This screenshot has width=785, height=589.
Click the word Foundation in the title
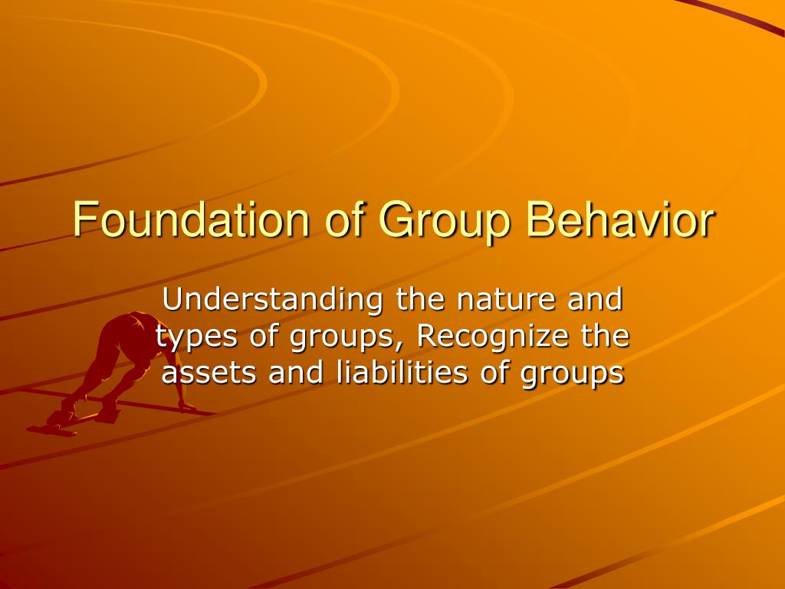tap(191, 219)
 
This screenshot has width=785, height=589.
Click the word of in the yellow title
tap(343, 219)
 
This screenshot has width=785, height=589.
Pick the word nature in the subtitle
tap(506, 300)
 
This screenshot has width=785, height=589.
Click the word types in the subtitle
tap(195, 337)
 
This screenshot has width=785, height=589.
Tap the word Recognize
tap(493, 337)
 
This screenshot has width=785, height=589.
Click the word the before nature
tap(420, 298)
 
